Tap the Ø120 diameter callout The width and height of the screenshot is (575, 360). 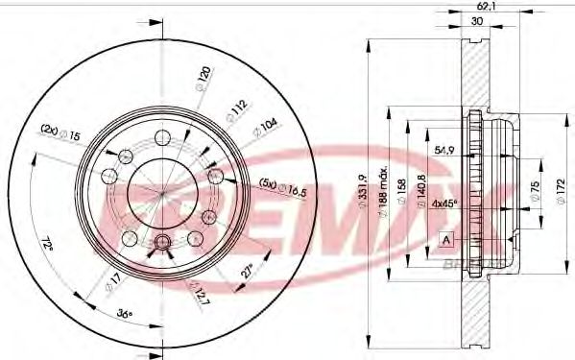(203, 75)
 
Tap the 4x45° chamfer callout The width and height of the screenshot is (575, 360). (444, 203)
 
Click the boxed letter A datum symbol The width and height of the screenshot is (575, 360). (446, 238)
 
